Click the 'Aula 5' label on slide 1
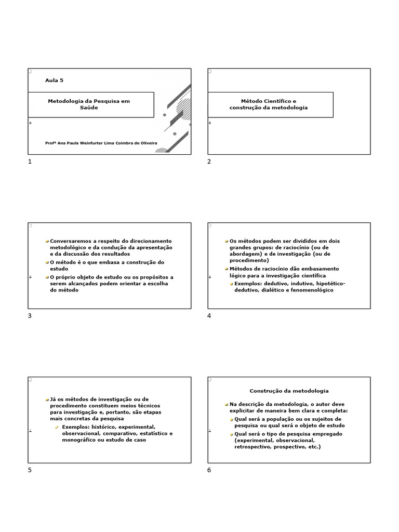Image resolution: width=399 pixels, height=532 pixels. tap(54, 81)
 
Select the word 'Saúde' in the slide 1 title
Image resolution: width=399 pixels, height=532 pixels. tap(89, 108)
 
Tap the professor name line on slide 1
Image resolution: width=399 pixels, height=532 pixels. tap(101, 143)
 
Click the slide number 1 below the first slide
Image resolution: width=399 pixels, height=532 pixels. tap(30, 162)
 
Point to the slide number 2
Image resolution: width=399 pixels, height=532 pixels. tap(209, 162)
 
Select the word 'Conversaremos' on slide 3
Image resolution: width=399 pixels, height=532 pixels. tap(70, 241)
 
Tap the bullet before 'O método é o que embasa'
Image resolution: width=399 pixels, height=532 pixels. tap(47, 263)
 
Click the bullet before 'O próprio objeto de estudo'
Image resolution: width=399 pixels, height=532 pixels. tap(47, 277)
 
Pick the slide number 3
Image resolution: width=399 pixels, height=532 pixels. tap(30, 316)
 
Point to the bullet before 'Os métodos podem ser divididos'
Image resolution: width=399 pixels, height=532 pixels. tap(227, 242)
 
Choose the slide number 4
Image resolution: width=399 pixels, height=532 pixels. tap(209, 316)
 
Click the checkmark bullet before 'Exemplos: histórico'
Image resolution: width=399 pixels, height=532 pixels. tap(57, 427)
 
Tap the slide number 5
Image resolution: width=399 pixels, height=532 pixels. tap(30, 470)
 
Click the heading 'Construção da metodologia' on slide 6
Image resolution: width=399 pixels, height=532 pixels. tap(289, 390)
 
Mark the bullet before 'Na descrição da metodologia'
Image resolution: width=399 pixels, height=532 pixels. tap(227, 404)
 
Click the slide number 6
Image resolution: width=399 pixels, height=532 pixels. tap(209, 470)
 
